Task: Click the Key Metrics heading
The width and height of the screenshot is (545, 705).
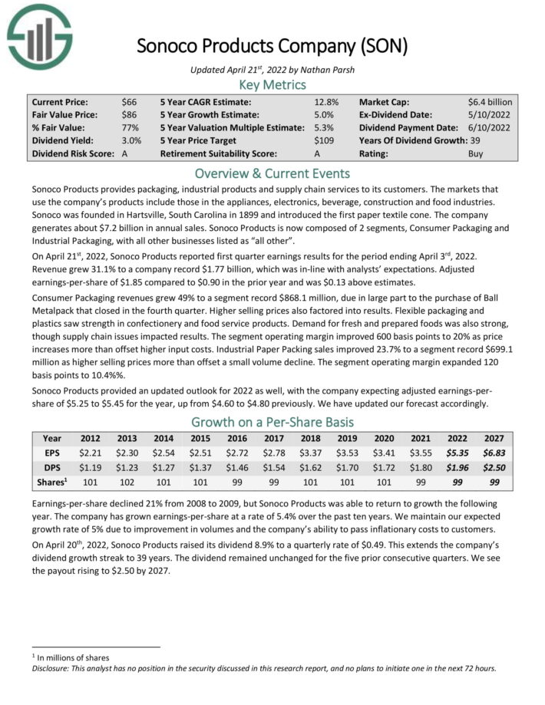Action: click(272, 84)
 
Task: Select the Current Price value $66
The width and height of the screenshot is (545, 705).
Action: click(130, 102)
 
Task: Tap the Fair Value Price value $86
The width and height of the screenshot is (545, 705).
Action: click(130, 115)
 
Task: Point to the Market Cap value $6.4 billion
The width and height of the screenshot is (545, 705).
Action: click(490, 102)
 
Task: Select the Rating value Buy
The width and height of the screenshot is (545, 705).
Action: click(477, 153)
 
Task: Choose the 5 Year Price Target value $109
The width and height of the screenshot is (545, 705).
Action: click(325, 141)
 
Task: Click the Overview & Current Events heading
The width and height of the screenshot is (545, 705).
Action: click(272, 173)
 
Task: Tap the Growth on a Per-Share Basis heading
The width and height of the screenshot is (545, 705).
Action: click(272, 422)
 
